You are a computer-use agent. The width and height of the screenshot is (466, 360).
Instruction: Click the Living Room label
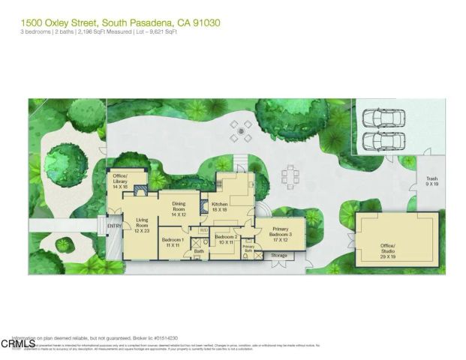pos(143,226)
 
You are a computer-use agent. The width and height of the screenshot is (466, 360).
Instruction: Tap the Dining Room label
pos(178,208)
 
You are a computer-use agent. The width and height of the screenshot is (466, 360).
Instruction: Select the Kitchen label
pos(219,208)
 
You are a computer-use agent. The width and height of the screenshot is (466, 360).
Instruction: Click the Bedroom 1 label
pos(173,242)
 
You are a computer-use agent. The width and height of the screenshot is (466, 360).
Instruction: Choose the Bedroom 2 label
pos(226,239)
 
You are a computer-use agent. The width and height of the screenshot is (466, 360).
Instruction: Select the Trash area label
pos(431,181)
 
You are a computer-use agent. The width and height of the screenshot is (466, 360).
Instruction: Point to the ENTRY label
pos(114,226)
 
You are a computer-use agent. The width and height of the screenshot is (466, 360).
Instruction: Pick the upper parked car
pos(383,119)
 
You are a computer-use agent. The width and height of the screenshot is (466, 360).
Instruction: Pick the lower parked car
pos(383,140)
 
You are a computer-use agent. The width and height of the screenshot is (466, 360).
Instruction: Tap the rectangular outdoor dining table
pos(290,175)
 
